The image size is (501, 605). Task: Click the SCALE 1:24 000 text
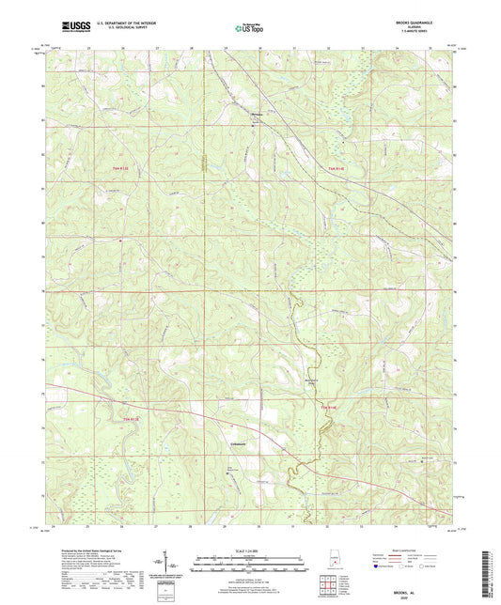pyautogui.click(x=249, y=550)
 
